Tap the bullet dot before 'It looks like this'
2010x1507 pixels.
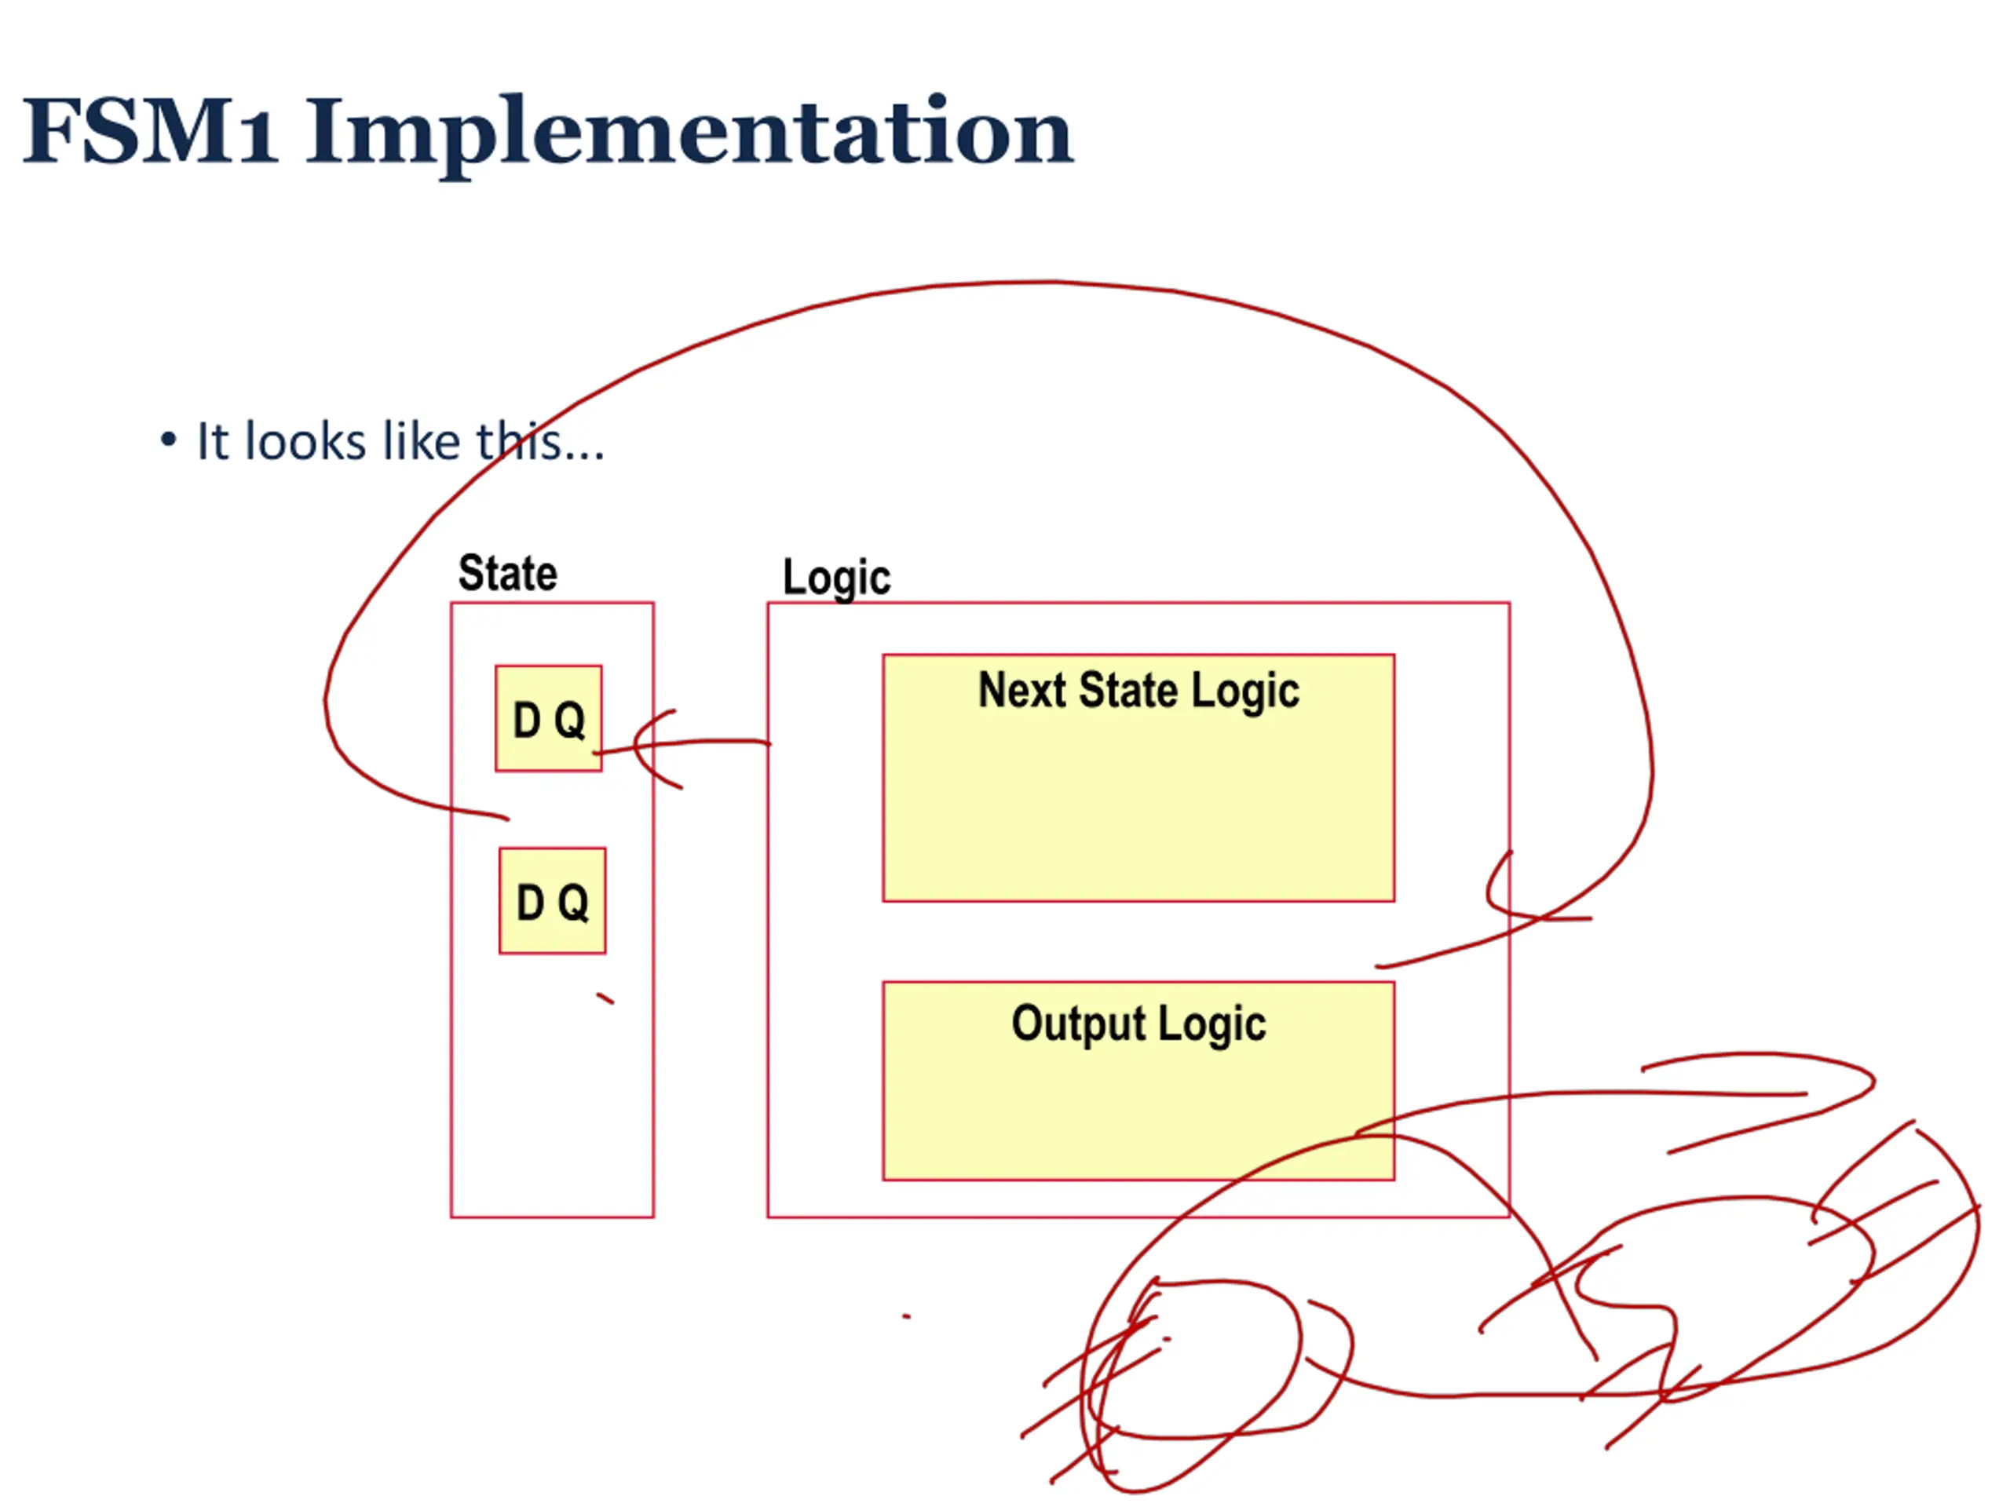click(x=168, y=441)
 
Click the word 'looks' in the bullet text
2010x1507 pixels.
click(x=305, y=443)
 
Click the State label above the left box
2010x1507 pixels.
click(x=507, y=574)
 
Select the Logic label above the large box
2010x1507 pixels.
click(x=836, y=578)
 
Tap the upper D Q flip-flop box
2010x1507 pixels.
click(x=549, y=718)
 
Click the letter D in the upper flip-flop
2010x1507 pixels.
click(x=527, y=721)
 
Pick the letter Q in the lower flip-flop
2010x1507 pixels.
click(x=573, y=903)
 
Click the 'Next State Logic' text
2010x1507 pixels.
click(x=1138, y=691)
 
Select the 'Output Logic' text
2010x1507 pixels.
click(x=1138, y=1024)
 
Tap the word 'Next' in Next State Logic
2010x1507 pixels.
click(x=1021, y=691)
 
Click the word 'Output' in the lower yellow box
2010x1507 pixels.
click(x=1078, y=1024)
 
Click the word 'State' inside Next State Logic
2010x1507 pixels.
click(x=1128, y=691)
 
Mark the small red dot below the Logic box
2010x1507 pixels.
click(x=906, y=1316)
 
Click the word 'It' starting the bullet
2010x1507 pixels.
click(x=213, y=443)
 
